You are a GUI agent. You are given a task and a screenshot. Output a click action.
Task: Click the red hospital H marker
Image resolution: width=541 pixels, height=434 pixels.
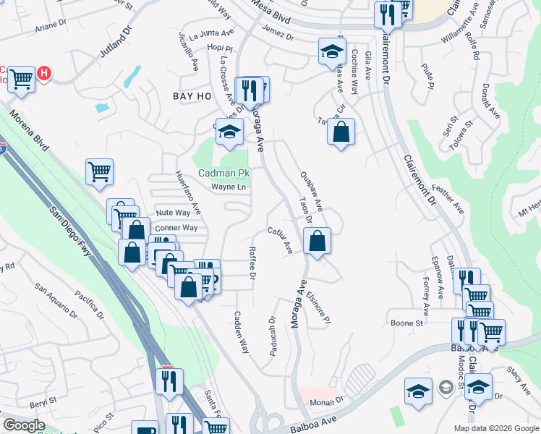[44, 74]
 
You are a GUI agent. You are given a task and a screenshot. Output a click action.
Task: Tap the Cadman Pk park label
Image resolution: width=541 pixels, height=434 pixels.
[223, 174]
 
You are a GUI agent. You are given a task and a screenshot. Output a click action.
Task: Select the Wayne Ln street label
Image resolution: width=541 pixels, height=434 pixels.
[229, 187]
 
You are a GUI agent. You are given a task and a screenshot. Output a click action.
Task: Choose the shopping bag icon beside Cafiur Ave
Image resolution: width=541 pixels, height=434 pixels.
[317, 242]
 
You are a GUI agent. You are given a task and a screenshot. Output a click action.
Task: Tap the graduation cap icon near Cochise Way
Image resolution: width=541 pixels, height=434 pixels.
[331, 51]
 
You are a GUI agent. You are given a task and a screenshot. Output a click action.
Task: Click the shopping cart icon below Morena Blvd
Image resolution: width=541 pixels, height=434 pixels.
[99, 172]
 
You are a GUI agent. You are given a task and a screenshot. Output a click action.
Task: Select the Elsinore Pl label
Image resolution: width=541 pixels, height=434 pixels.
[318, 307]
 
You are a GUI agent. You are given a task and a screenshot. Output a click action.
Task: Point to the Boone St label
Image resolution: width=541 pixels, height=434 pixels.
[406, 323]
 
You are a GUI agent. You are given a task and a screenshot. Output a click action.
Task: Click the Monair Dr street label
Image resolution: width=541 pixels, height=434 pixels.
[327, 401]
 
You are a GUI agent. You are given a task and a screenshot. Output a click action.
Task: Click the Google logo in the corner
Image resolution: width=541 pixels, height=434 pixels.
[23, 425]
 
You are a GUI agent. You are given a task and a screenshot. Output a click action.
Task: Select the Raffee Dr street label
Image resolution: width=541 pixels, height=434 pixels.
[252, 263]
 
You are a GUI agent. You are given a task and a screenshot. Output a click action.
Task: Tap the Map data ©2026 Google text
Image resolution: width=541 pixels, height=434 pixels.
[495, 428]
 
